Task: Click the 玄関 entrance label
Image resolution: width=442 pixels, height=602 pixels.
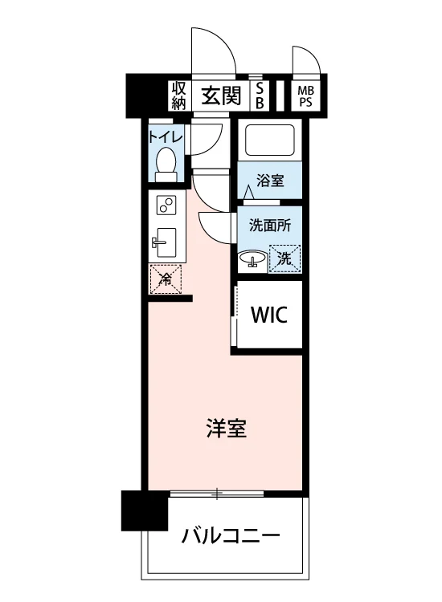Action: coord(221,96)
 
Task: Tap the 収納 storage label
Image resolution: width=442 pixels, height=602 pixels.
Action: coord(178,96)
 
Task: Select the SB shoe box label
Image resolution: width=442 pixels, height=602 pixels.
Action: coord(260,96)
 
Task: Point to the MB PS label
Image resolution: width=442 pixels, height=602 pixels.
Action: coord(306,97)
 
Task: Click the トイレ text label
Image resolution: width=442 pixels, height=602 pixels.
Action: coord(166,137)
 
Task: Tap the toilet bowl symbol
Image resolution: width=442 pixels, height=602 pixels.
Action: coord(166,165)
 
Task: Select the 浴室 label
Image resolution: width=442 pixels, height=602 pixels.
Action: coord(270,181)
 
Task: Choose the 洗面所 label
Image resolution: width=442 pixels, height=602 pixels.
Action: coord(270,226)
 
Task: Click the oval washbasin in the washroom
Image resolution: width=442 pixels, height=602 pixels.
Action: coord(252,258)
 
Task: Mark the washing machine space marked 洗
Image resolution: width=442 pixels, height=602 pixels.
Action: coord(284,258)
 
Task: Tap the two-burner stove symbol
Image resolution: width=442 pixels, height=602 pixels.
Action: coord(167,205)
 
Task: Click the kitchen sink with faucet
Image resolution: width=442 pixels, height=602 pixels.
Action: coord(166,242)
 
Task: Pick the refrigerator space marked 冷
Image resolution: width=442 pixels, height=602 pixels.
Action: coord(166,279)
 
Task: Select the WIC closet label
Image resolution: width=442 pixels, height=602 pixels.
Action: coord(269,315)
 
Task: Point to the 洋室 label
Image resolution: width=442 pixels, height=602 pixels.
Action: coord(227,429)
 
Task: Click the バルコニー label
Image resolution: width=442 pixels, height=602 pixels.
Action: coord(231,535)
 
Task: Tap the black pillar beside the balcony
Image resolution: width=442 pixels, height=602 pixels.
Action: coord(145,510)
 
